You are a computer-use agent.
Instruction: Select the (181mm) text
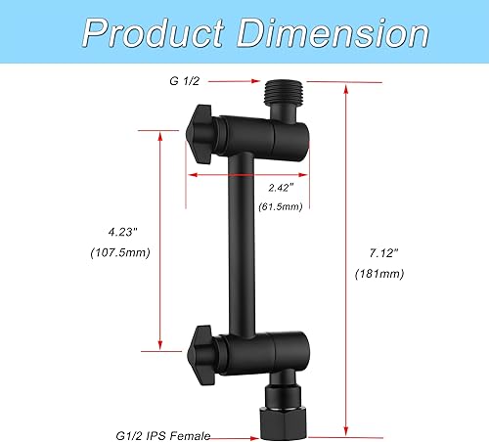tap(378, 275)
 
